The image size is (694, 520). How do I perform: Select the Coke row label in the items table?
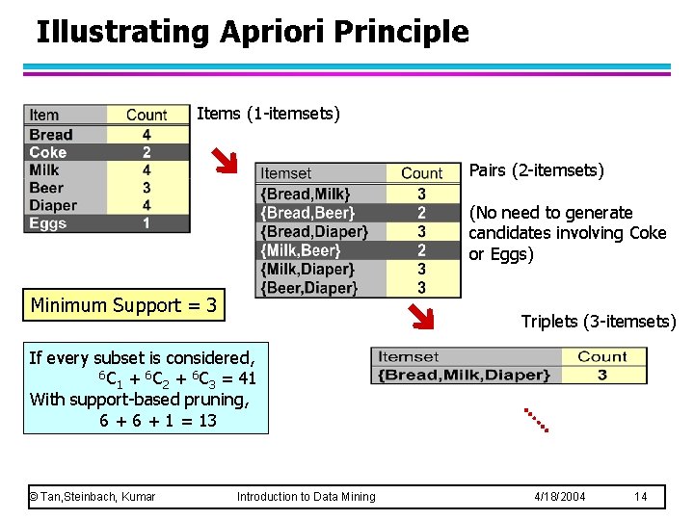[48, 152]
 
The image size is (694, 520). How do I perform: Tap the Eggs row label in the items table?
[48, 223]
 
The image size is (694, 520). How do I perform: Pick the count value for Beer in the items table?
[147, 188]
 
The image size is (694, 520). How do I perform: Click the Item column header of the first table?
[44, 115]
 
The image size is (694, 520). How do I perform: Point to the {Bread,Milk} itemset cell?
[306, 194]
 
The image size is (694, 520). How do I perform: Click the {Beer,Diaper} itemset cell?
[308, 288]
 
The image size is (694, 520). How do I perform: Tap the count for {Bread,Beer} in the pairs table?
[421, 213]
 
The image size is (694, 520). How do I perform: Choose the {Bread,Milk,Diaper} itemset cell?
[464, 375]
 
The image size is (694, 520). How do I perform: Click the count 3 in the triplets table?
[601, 375]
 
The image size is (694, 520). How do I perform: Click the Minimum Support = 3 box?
[124, 306]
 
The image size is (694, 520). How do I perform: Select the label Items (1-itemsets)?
[268, 114]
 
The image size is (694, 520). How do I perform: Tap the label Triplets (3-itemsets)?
[598, 322]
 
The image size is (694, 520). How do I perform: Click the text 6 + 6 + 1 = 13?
[158, 421]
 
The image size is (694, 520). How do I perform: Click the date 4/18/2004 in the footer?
[560, 496]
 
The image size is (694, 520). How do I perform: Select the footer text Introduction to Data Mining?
[306, 496]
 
